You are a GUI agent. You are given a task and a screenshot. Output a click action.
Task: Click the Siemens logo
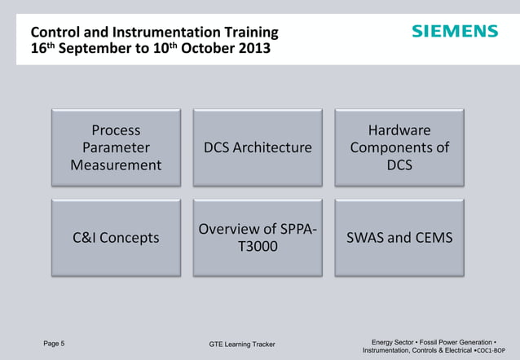pos(454,32)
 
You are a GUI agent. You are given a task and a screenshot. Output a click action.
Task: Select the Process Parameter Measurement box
pos(116,148)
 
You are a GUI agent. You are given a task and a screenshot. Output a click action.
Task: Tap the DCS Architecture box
pos(258,148)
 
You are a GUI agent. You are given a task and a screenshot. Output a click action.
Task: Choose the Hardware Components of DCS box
pos(399,148)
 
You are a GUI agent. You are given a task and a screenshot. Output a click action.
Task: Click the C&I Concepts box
pos(116,238)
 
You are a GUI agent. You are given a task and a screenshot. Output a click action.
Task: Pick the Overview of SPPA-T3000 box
pos(258,238)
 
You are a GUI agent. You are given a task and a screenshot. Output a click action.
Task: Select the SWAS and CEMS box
pos(399,238)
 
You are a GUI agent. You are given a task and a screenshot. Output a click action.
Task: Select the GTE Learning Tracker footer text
pos(242,345)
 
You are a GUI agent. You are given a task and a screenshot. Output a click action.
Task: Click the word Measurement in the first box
pos(116,165)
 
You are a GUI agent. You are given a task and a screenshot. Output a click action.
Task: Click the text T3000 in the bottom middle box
pos(258,247)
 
